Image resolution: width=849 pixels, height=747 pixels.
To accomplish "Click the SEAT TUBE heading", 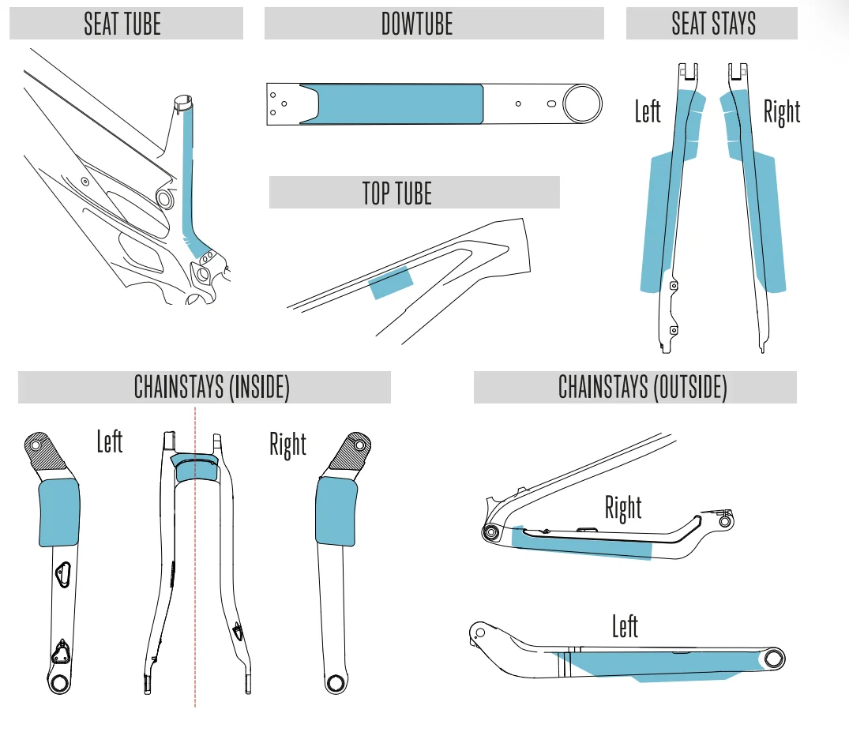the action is tap(122, 24).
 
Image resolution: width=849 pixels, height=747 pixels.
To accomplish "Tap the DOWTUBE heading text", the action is tap(417, 24).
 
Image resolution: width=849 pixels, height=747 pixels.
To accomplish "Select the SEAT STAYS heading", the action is tap(714, 24).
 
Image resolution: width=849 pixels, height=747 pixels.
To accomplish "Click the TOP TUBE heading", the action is tap(397, 193).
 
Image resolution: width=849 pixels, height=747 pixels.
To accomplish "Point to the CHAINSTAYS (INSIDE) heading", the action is tap(212, 387).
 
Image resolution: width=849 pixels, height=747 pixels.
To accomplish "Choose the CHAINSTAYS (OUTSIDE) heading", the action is tap(643, 387).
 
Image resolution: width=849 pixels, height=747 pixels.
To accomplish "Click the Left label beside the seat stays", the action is tap(648, 111).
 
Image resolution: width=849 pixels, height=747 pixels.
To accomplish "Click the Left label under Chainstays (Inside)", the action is tap(110, 441).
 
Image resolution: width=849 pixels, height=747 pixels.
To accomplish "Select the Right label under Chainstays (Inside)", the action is tap(288, 445).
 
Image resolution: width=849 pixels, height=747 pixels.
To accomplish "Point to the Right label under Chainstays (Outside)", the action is tap(623, 509).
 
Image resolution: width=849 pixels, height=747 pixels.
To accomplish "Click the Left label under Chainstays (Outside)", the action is tap(625, 626).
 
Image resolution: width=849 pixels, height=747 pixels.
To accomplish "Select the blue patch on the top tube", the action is tap(391, 282).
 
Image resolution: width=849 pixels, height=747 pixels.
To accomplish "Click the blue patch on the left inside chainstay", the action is tap(59, 512).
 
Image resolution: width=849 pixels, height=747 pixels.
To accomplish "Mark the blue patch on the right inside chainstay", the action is tap(336, 512).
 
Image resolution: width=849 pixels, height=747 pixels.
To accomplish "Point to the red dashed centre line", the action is tap(195, 557).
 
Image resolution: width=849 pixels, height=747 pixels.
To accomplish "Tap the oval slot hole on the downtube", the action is tap(551, 104).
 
